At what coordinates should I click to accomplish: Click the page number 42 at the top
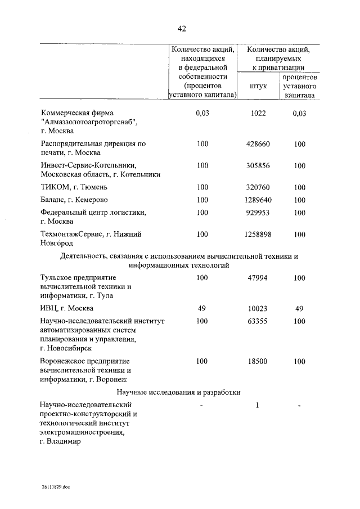pos(181,29)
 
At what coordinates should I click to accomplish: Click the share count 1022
pos(258,113)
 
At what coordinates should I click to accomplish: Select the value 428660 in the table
pos(258,144)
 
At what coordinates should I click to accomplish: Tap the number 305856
pos(258,165)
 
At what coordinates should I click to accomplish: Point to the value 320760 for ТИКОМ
pos(258,187)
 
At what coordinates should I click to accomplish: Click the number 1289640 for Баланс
pos(258,200)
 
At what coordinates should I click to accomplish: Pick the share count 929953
pos(258,213)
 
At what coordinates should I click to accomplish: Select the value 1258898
pos(258,234)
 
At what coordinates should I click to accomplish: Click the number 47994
pos(258,278)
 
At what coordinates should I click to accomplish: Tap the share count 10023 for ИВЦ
pos(258,308)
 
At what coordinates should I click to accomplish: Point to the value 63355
pos(258,321)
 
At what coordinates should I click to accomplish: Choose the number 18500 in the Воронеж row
pos(258,361)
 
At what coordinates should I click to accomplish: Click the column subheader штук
pos(258,86)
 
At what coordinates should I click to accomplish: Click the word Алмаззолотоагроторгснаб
pos(89,122)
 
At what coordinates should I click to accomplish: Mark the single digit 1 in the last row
pos(257,405)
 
